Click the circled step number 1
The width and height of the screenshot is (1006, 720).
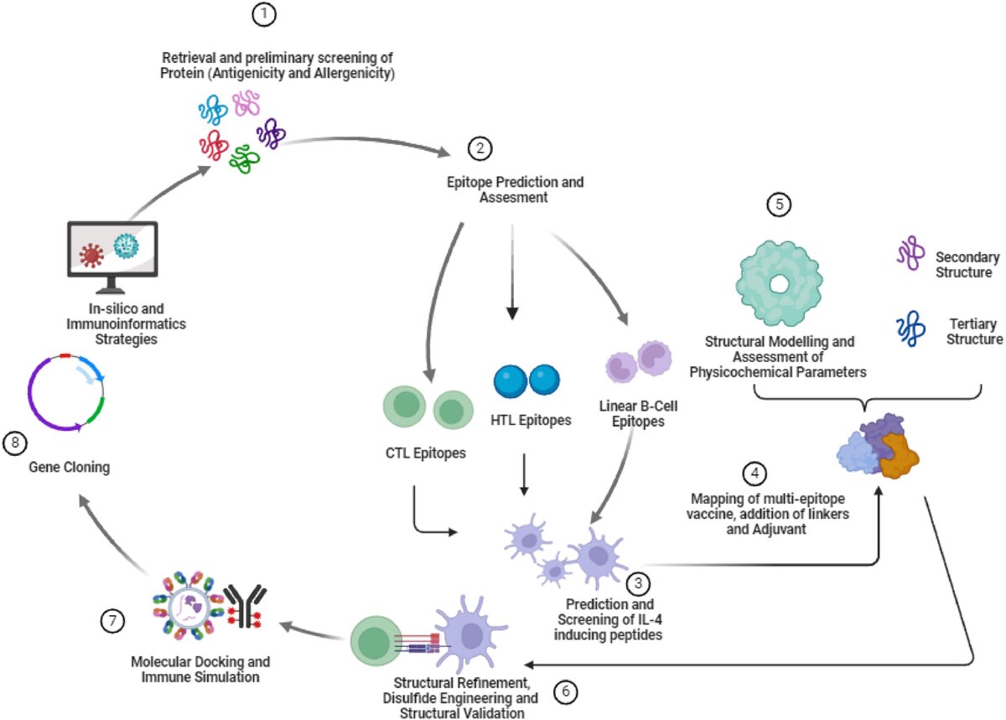click(263, 14)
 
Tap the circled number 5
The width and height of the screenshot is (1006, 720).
click(779, 205)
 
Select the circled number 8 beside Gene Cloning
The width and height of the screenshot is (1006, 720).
click(15, 443)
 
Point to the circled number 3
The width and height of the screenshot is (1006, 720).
click(638, 583)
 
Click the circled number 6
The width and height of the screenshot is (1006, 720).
click(565, 692)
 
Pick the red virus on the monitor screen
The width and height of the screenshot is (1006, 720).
click(91, 256)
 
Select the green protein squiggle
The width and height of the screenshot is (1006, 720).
click(244, 159)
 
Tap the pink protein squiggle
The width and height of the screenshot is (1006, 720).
click(246, 102)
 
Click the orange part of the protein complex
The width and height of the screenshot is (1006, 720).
click(898, 458)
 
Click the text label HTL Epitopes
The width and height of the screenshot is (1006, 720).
click(531, 420)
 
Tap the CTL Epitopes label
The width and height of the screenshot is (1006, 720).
click(425, 453)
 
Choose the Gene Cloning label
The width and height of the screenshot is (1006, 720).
click(69, 467)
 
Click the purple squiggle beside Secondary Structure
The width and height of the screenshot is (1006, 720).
click(910, 252)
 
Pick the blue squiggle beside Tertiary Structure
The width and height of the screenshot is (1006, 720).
click(910, 329)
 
